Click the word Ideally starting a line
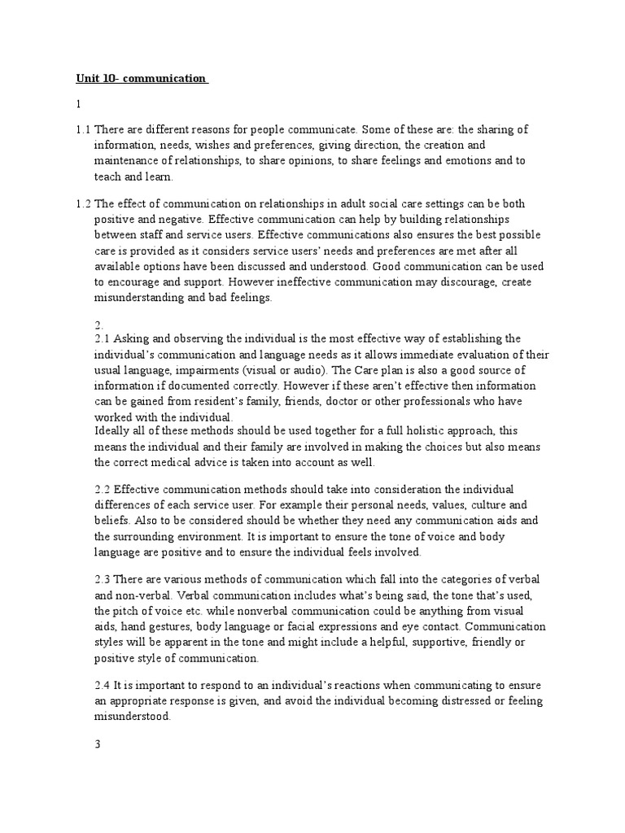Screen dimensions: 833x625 tap(113, 431)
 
